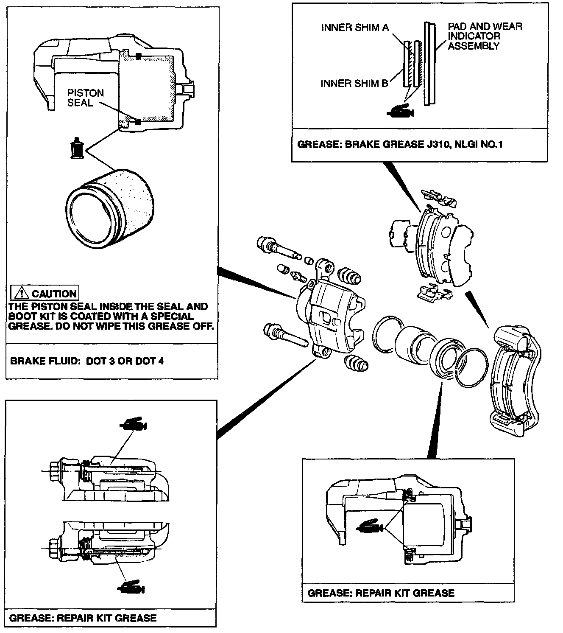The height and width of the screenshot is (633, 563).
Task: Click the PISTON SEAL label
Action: tap(85, 98)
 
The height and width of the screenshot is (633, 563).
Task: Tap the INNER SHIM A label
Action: tap(355, 28)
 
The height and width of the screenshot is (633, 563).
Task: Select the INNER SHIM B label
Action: tap(354, 84)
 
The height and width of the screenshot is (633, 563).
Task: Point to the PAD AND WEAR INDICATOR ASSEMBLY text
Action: tap(485, 36)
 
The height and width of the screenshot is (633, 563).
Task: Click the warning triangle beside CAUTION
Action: tap(20, 294)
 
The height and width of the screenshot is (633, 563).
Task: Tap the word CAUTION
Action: tap(54, 294)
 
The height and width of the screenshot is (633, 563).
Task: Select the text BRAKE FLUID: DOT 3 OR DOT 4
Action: tap(87, 361)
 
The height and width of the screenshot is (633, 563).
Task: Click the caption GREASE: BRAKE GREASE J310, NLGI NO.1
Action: tap(400, 144)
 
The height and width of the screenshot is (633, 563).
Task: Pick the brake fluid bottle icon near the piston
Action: tap(77, 149)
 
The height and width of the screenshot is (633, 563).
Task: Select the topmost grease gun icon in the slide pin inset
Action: tap(134, 425)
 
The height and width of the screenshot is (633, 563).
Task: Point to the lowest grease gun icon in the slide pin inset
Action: tap(131, 588)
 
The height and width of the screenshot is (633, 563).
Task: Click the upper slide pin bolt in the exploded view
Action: tap(278, 249)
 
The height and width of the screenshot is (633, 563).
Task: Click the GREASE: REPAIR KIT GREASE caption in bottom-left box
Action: tap(83, 618)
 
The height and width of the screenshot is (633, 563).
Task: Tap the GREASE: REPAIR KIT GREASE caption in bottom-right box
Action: tap(381, 593)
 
